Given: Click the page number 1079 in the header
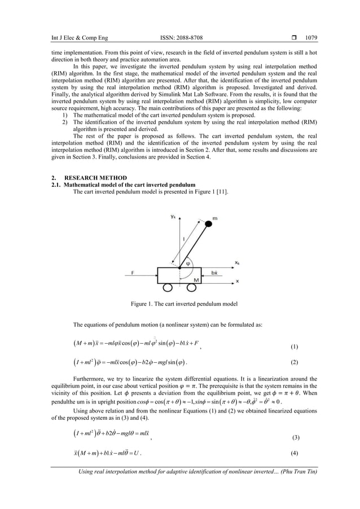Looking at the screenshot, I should pos(311,39).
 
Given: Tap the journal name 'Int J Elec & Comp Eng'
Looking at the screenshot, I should pos(80,39).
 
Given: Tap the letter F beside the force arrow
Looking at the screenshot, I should pos(132,271).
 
